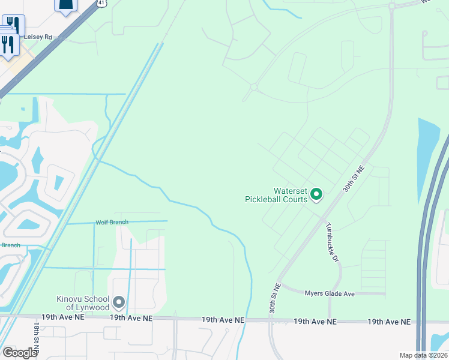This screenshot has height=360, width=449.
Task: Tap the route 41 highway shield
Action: click(x=102, y=3)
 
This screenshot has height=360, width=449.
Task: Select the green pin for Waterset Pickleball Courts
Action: click(x=316, y=194)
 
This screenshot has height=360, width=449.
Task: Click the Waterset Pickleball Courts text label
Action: click(x=276, y=195)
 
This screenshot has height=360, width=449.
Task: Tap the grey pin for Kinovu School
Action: click(x=119, y=301)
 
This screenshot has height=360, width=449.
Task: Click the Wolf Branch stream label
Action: click(x=112, y=223)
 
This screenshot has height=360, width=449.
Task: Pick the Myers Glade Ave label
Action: click(x=330, y=293)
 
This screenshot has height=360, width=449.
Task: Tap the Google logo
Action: click(x=19, y=353)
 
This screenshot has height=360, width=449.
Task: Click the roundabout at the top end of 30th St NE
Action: click(x=392, y=6)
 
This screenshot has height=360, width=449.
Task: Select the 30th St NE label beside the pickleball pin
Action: click(x=354, y=179)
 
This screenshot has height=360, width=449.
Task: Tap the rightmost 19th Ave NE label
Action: click(x=390, y=322)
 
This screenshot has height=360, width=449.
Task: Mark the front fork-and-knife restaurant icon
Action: click(x=8, y=44)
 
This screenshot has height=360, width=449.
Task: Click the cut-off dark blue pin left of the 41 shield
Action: click(x=66, y=5)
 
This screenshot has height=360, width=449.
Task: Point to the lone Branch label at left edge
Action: click(x=10, y=245)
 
